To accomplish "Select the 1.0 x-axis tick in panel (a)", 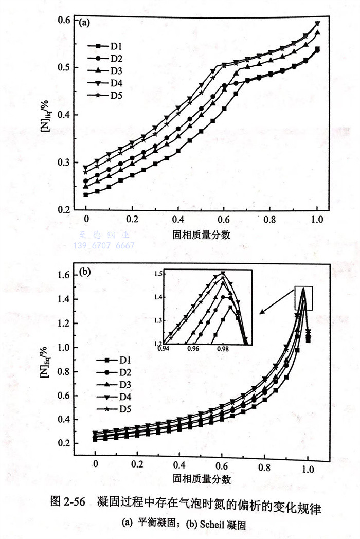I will coord(317,218).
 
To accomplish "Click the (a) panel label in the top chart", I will coord(84,22).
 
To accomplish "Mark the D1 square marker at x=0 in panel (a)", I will coord(86,194).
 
